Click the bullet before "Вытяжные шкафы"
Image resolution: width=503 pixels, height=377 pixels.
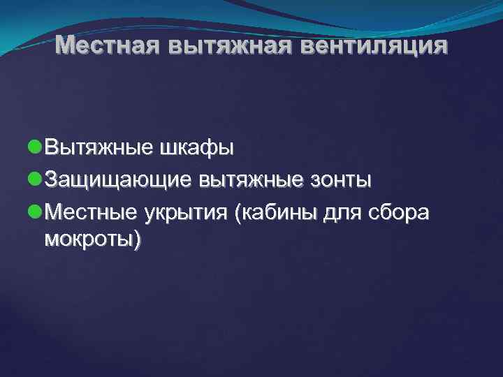coord(35,148)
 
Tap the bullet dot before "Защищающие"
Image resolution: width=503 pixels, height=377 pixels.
coord(35,181)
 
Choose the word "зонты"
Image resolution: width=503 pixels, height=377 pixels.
coord(343,181)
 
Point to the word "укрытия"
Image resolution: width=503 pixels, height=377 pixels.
coord(185,213)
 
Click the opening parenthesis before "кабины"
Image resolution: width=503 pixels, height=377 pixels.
coord(240,214)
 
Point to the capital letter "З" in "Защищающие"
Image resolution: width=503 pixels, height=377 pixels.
coord(50,181)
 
